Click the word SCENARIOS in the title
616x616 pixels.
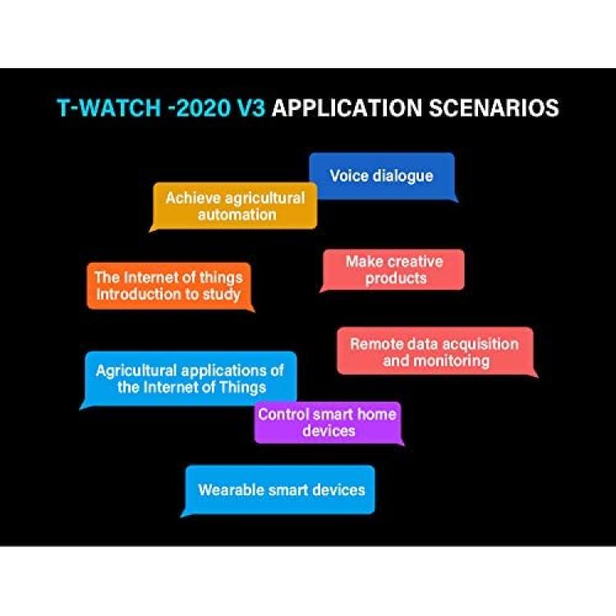click(494, 108)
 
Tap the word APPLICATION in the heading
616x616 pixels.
click(347, 108)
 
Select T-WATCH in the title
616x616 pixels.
click(109, 108)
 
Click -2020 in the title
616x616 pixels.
click(199, 108)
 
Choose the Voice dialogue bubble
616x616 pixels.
click(383, 177)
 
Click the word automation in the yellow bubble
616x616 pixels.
click(237, 215)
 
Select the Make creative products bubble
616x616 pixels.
click(393, 270)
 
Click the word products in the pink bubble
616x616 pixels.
click(396, 278)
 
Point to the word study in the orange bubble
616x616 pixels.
click(221, 295)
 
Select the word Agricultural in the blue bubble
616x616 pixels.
click(136, 371)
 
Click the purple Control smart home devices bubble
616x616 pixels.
click(328, 423)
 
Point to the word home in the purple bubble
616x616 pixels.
click(376, 415)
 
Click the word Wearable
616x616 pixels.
click(231, 490)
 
